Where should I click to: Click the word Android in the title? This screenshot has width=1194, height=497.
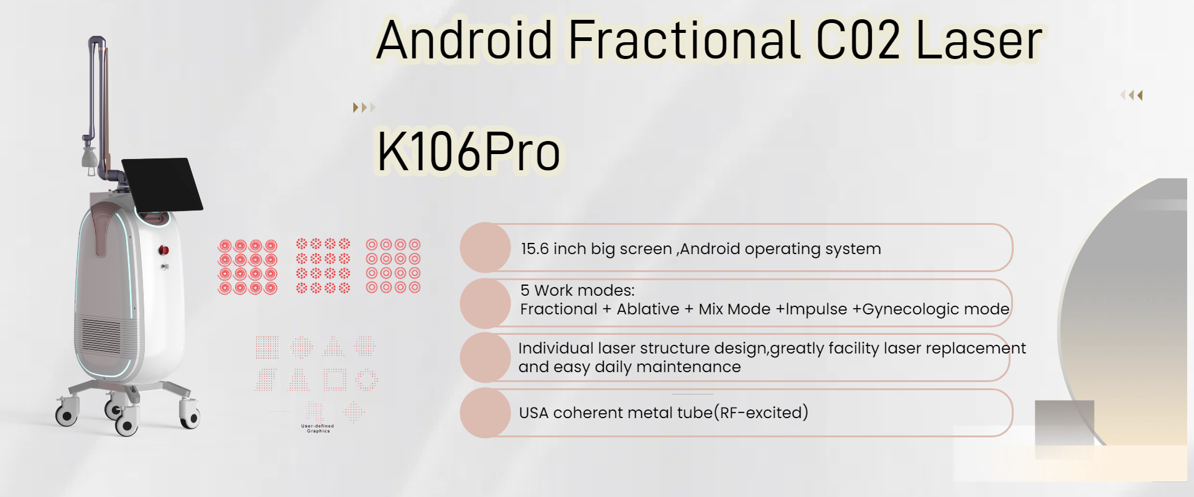click(465, 40)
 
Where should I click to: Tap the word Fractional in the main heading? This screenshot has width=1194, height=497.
click(684, 40)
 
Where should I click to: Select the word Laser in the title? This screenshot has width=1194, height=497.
click(979, 40)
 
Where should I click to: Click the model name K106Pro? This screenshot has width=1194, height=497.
click(468, 152)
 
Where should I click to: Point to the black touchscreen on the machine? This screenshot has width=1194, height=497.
click(162, 184)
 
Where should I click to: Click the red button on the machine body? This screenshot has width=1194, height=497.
click(164, 250)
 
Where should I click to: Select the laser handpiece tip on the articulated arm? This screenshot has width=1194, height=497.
click(90, 158)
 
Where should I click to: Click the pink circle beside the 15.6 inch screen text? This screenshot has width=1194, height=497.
click(486, 247)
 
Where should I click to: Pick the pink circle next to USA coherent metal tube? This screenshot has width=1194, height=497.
click(486, 413)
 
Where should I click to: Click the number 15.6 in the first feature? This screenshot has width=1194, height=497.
click(535, 248)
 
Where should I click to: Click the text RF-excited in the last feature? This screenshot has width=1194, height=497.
click(764, 413)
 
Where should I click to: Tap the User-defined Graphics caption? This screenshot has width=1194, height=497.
click(318, 429)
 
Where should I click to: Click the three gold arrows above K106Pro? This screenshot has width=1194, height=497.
click(364, 107)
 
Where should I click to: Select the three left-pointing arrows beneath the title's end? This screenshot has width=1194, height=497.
click(1132, 95)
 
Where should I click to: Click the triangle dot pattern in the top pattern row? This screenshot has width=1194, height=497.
click(334, 346)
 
